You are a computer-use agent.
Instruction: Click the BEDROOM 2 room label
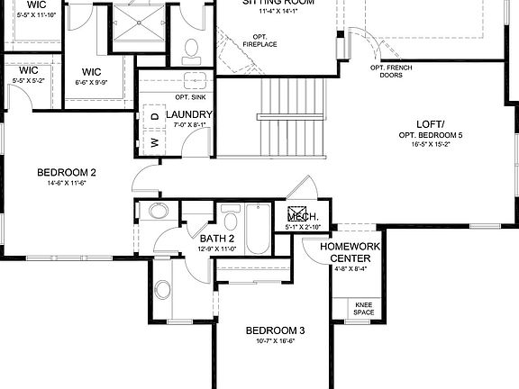tap(67, 173)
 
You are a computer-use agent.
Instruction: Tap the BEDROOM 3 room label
tap(276, 330)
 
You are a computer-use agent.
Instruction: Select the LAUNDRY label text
tap(189, 115)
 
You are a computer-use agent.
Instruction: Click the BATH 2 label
tap(217, 239)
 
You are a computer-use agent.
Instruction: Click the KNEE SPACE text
tap(364, 311)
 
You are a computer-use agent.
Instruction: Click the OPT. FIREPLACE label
tap(259, 41)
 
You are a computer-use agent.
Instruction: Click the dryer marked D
tap(154, 116)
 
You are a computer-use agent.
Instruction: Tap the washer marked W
tap(154, 141)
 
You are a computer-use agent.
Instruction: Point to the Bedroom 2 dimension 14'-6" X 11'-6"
tap(67, 184)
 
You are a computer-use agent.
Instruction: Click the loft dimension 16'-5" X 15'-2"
tap(430, 144)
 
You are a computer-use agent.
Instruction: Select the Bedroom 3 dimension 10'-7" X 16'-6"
tap(276, 341)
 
